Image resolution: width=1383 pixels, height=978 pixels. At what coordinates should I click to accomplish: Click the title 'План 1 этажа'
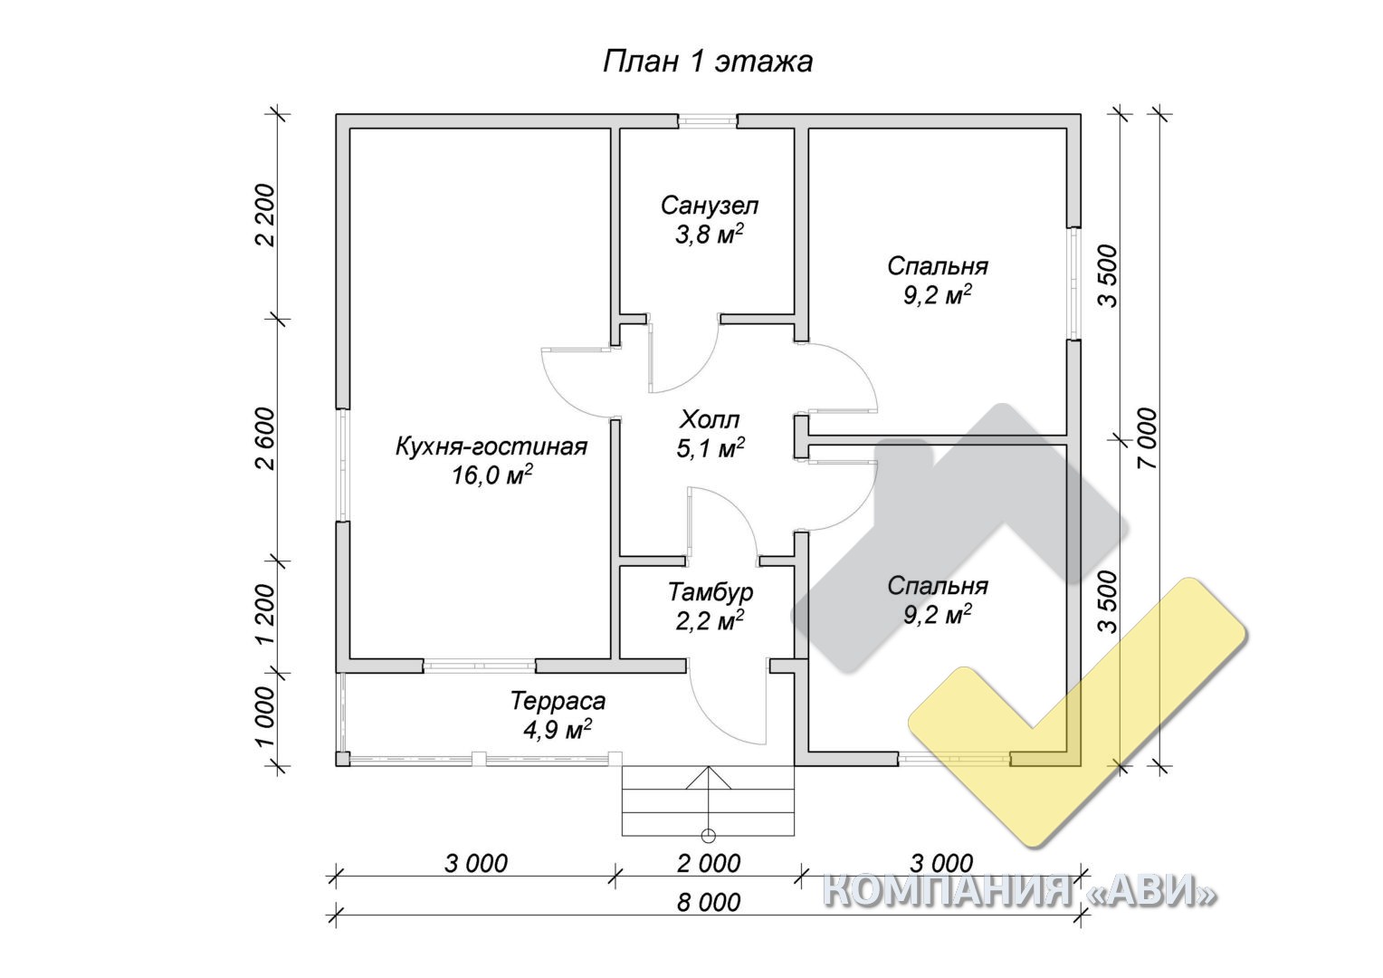(708, 62)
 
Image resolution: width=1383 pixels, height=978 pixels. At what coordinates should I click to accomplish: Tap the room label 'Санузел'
(710, 206)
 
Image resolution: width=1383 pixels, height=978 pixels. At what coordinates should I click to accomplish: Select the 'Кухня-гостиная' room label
(491, 446)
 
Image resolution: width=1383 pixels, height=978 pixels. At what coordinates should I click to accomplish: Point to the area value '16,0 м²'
(492, 475)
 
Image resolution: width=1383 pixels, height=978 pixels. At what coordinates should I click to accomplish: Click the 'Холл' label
(710, 420)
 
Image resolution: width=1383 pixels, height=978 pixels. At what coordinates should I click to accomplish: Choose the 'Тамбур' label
(711, 592)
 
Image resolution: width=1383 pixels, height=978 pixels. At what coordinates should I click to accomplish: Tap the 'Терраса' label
(558, 701)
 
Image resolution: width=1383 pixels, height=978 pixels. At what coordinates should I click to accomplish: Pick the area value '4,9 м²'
(558, 730)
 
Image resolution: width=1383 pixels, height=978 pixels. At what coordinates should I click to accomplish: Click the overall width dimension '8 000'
(709, 903)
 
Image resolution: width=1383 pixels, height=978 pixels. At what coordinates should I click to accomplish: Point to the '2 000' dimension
(709, 864)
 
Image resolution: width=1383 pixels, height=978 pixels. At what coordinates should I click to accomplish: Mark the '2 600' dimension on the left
(267, 438)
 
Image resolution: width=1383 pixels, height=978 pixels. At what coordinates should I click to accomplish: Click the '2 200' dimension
(267, 216)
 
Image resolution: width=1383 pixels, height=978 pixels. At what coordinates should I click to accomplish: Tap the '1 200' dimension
(267, 614)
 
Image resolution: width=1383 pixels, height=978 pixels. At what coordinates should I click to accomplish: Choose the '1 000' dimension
(267, 716)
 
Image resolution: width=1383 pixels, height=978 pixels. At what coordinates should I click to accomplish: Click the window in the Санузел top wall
(708, 121)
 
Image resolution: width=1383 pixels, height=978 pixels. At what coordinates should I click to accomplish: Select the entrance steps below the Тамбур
(708, 801)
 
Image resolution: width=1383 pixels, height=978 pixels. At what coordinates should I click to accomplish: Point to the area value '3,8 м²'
(710, 235)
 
